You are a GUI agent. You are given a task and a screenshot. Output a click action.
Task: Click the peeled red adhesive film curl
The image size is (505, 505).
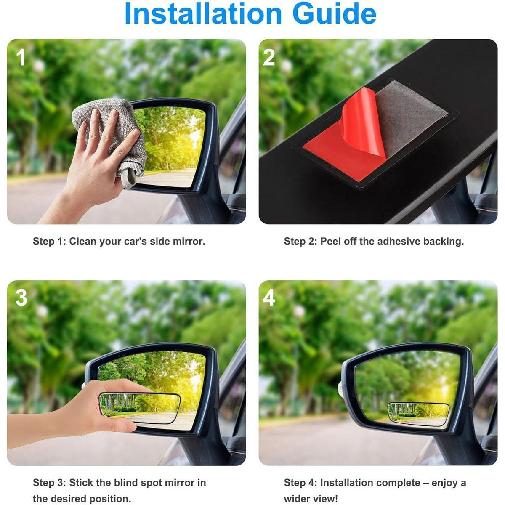pos(363,123)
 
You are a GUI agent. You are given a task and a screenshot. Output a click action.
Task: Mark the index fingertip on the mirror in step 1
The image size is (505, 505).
pos(136,132)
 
